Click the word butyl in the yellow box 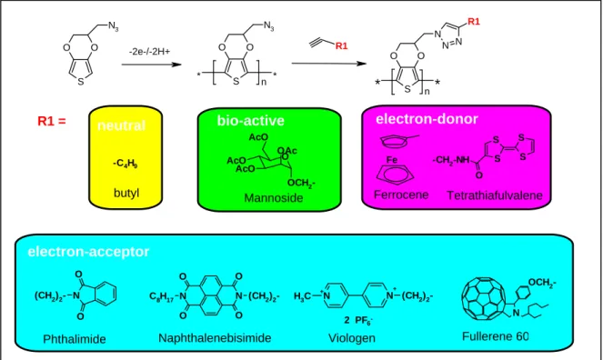(x=126, y=193)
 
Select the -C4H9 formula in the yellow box (x=125, y=164)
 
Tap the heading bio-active (x=251, y=120)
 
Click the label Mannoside (x=274, y=198)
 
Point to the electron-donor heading (x=427, y=119)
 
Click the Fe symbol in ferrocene (x=391, y=159)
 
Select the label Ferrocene (x=401, y=195)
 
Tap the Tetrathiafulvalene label (x=495, y=195)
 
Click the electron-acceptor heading (x=88, y=252)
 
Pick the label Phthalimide (x=75, y=339)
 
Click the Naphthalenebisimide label (x=215, y=337)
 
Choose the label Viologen (x=351, y=338)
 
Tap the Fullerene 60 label (x=496, y=336)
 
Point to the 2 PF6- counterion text (x=358, y=320)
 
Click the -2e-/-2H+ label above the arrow (x=149, y=51)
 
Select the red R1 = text (x=52, y=121)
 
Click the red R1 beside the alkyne (x=341, y=45)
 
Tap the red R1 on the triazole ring (x=474, y=22)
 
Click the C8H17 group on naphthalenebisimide (x=162, y=296)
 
